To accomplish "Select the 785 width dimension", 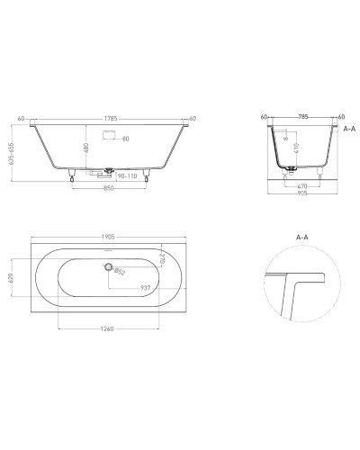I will pyautogui.click(x=302, y=116).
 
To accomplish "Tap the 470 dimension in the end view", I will pyautogui.click(x=302, y=185).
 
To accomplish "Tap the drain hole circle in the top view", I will pyautogui.click(x=109, y=266).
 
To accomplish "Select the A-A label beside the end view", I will pyautogui.click(x=349, y=129).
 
